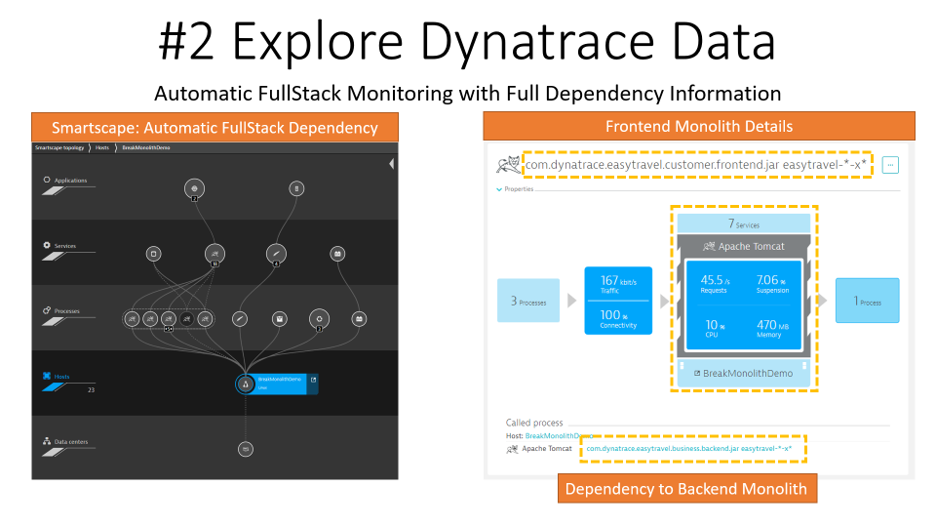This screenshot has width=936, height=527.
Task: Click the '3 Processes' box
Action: point(527,302)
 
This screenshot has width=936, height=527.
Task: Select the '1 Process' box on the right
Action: point(867,302)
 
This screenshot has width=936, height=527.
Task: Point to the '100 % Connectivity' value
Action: point(618,319)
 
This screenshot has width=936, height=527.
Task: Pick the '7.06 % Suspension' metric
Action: point(772,283)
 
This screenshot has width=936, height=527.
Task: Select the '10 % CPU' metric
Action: point(715,328)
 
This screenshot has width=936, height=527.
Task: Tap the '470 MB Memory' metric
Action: point(772,328)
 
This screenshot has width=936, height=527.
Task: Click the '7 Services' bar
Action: point(744,223)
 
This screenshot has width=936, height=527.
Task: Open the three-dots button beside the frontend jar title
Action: point(890,165)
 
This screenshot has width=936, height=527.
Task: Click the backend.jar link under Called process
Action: point(689,449)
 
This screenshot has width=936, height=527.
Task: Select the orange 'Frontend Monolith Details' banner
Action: point(699,127)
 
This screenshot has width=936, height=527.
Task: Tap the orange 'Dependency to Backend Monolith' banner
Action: point(686,488)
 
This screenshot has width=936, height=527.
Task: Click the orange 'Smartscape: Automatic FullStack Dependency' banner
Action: point(214,127)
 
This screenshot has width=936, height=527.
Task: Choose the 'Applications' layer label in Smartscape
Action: point(70,181)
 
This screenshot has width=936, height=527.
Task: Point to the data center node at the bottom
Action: point(246,449)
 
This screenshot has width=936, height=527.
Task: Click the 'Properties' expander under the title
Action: point(517,189)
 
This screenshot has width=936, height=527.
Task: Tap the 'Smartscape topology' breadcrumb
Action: point(60,147)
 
